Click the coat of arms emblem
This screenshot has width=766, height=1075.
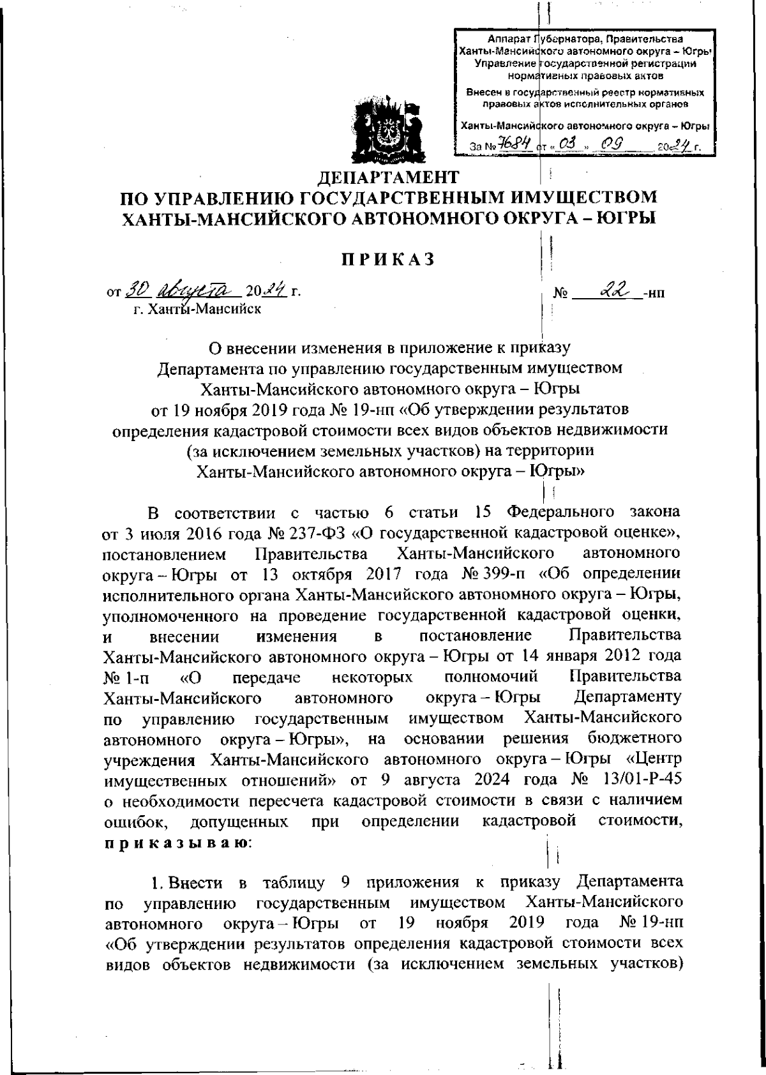pyautogui.click(x=385, y=130)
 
